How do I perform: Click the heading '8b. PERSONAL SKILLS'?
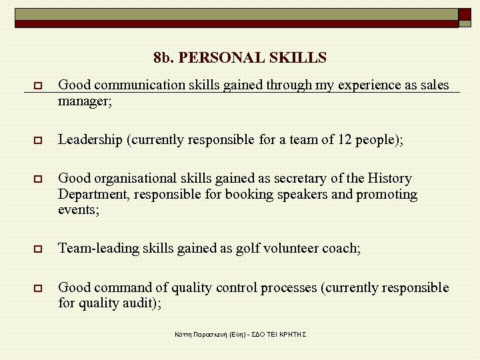click(240, 58)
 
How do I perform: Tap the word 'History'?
click(389, 179)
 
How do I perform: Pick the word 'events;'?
click(79, 210)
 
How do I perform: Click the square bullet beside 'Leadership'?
click(38, 141)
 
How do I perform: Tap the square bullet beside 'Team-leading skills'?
click(38, 249)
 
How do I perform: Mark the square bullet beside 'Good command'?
click(38, 289)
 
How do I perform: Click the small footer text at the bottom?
click(239, 333)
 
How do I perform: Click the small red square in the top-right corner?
click(465, 14)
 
